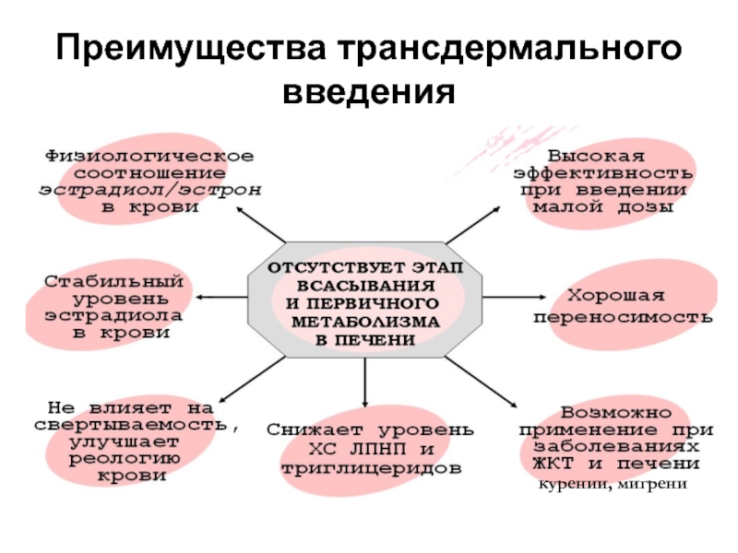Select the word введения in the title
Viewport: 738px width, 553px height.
pyautogui.click(x=368, y=92)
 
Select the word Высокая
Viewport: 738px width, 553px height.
pyautogui.click(x=597, y=155)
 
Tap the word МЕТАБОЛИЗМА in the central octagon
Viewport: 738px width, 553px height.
pyautogui.click(x=366, y=322)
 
